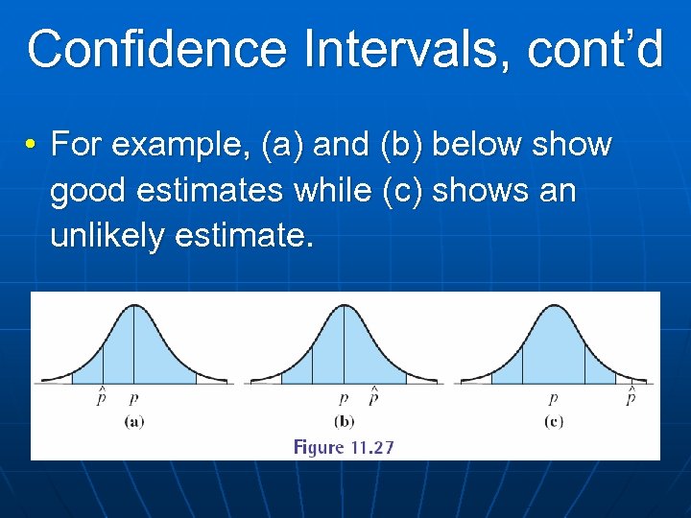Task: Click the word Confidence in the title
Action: pyautogui.click(x=157, y=49)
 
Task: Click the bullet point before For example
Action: pyautogui.click(x=32, y=146)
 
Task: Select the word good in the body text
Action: pyautogui.click(x=88, y=192)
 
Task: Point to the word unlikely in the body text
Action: pyautogui.click(x=107, y=236)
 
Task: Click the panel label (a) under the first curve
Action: pyautogui.click(x=133, y=421)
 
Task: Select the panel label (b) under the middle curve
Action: pyautogui.click(x=344, y=421)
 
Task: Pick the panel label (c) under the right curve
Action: pyautogui.click(x=553, y=421)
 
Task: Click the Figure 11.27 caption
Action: pyautogui.click(x=344, y=447)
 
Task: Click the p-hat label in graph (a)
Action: pyautogui.click(x=101, y=396)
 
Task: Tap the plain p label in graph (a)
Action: pyautogui.click(x=132, y=398)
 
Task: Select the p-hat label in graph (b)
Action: pyautogui.click(x=372, y=396)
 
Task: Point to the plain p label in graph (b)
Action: pyautogui.click(x=343, y=398)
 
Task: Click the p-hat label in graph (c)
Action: pyautogui.click(x=631, y=396)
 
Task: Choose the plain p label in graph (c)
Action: pyautogui.click(x=553, y=398)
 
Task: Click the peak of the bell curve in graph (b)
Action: pyautogui.click(x=344, y=305)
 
